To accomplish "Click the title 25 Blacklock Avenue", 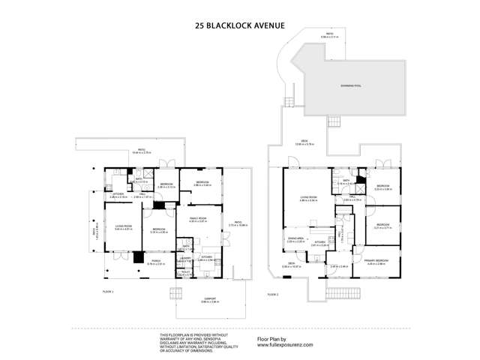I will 240,25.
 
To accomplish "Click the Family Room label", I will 197,220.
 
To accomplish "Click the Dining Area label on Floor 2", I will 295,240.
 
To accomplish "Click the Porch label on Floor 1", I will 155,262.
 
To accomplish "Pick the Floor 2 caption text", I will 271,293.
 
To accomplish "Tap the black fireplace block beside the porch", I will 138,256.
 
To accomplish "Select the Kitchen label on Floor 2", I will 320,243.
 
